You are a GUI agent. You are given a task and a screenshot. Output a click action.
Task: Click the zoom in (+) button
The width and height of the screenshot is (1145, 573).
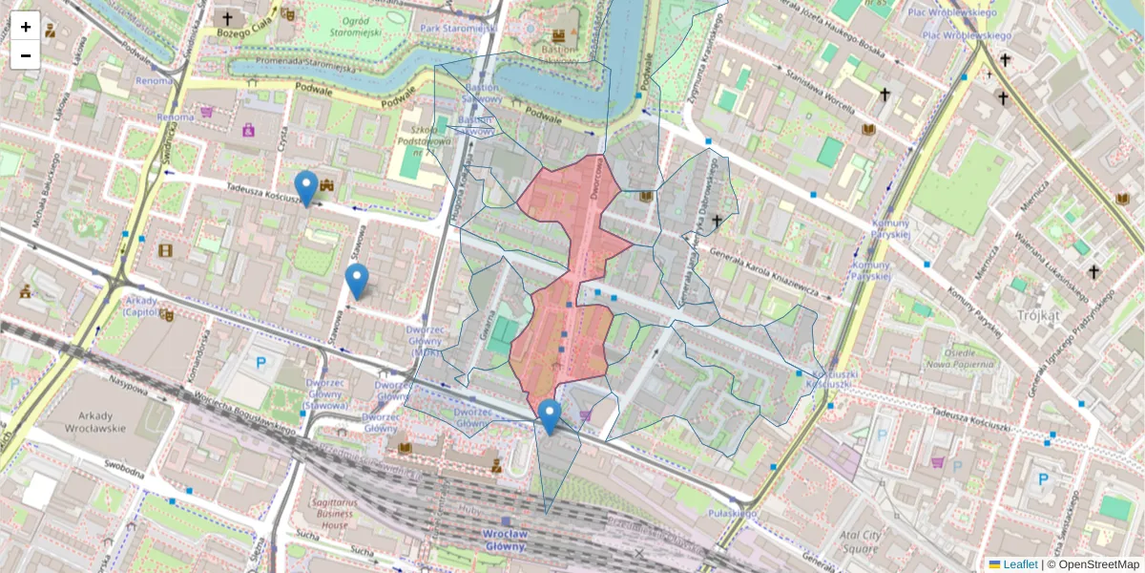26,27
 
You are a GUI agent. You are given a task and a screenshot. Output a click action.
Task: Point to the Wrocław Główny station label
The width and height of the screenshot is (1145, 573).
505,540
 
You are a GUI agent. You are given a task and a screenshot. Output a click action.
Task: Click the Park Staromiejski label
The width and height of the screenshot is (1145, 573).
456,29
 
